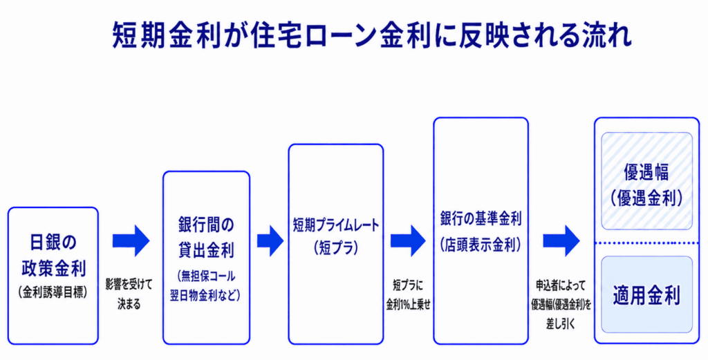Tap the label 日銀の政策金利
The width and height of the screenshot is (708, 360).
[x=53, y=256]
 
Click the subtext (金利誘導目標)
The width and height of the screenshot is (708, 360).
[x=53, y=292]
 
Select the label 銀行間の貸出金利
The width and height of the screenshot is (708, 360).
[x=206, y=238]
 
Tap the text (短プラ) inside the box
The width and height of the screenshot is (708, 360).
[x=337, y=248]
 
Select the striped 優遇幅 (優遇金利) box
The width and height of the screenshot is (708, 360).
[x=646, y=181]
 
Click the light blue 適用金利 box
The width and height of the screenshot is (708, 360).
[x=646, y=294]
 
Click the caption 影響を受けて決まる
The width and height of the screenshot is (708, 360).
[x=129, y=294]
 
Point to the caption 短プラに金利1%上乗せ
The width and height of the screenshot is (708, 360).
[x=408, y=294]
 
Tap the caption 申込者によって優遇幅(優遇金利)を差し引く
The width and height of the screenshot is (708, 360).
[x=561, y=305]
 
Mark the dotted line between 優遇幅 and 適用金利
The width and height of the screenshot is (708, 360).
[x=646, y=243]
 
